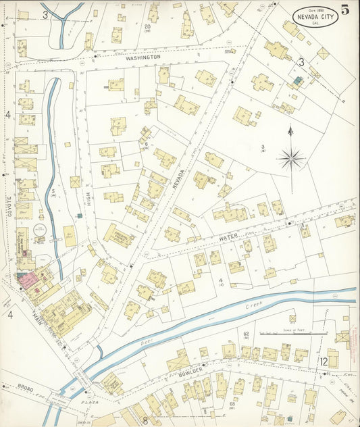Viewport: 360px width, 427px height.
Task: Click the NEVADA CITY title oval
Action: click(316, 14)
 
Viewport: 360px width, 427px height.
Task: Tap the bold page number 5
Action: click(345, 9)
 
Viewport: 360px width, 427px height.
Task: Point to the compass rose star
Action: click(290, 159)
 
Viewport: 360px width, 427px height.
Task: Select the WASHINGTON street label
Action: click(143, 58)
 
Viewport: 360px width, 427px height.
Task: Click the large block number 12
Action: click(324, 362)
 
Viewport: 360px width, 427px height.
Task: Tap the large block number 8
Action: click(145, 420)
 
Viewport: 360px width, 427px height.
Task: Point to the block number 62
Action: click(247, 334)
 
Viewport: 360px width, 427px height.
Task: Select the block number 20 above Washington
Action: click(147, 27)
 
